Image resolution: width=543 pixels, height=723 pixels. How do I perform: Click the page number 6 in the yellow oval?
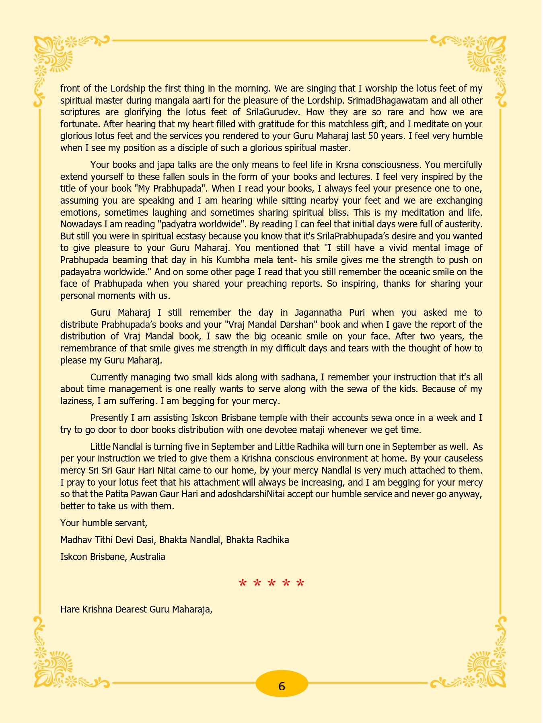point(282,686)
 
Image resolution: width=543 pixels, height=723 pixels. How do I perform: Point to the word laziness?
point(77,401)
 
